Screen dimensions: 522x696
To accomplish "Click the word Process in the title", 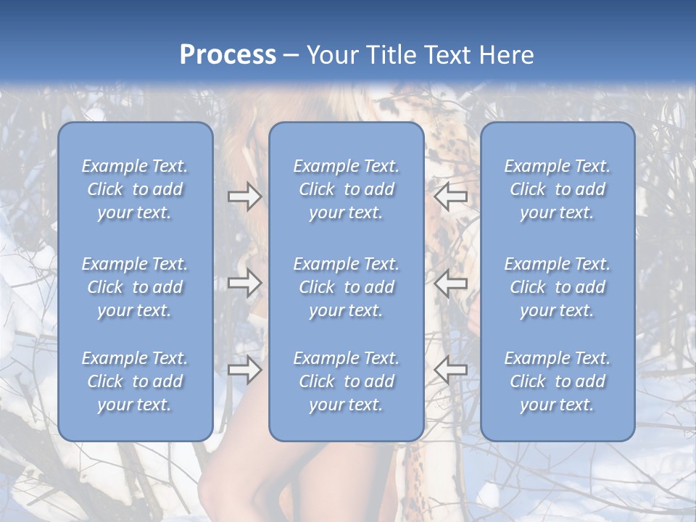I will click(228, 55).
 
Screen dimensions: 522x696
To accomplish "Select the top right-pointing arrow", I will click(244, 196).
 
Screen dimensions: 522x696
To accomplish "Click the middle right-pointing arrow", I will click(244, 283).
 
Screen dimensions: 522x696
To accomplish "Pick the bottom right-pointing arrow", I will click(244, 370).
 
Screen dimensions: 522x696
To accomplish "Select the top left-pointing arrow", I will click(450, 196).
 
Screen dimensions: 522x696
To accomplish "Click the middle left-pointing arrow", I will click(450, 283).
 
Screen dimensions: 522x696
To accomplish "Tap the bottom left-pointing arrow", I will click(450, 370).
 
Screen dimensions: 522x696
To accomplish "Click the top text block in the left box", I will click(135, 189).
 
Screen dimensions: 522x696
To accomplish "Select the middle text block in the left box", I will click(135, 287).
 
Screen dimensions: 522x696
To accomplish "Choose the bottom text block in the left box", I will click(135, 381).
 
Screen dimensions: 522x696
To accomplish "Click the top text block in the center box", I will click(346, 189).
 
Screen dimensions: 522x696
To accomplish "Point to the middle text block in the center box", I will click(346, 287).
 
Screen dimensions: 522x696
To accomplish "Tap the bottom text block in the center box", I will click(346, 381).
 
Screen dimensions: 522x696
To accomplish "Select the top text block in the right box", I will click(557, 189).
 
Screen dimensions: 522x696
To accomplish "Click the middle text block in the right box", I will click(557, 287).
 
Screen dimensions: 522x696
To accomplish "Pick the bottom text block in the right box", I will click(557, 381).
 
